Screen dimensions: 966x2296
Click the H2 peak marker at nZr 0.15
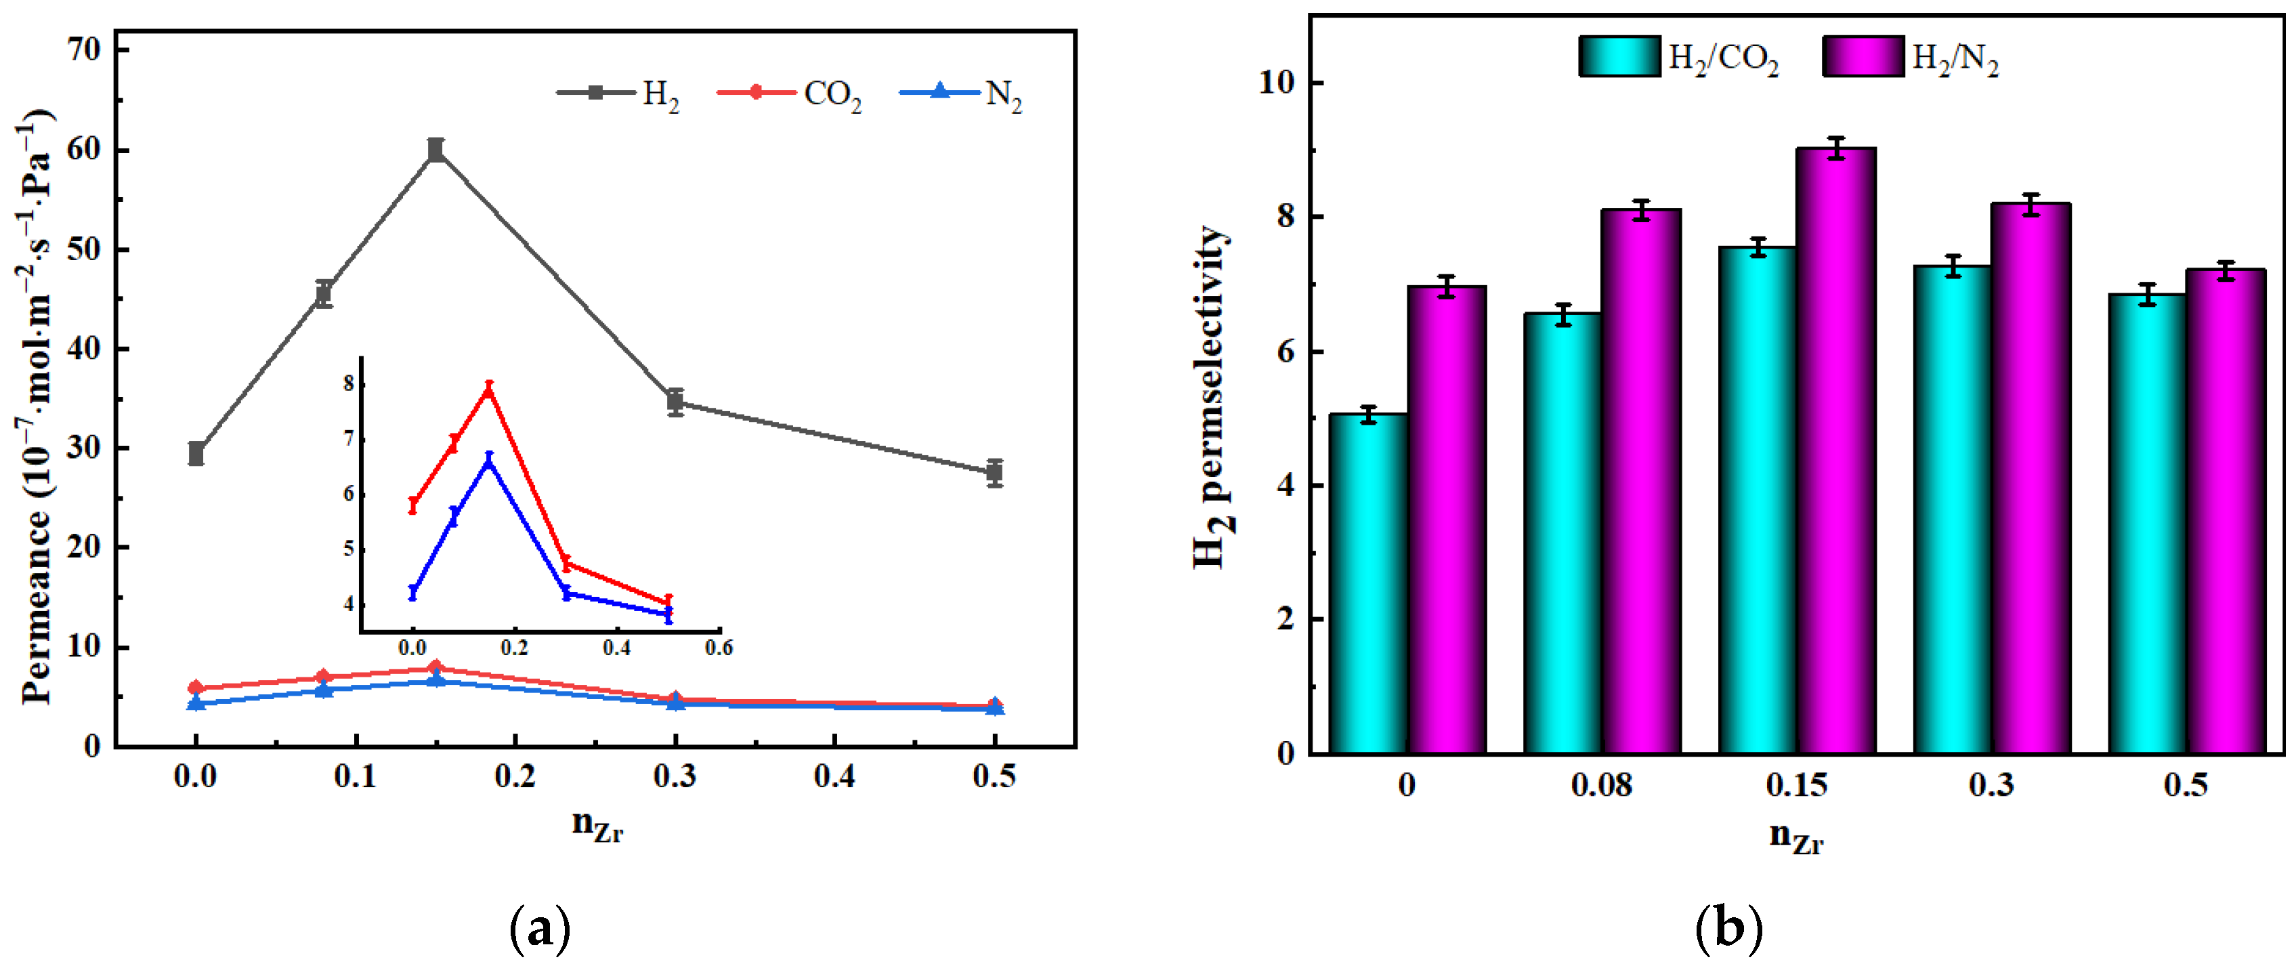pos(435,150)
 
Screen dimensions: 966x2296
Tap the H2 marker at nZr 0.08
pos(324,293)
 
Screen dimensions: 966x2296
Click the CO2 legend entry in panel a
pos(790,93)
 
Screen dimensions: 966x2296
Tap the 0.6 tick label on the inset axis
pos(719,648)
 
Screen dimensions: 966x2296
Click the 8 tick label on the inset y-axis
pos(349,385)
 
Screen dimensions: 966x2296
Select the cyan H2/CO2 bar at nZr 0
pos(1368,584)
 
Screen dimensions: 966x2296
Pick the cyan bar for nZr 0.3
pos(1952,509)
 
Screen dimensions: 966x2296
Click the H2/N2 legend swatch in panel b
pos(1863,57)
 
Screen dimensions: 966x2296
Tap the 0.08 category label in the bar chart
pos(1601,785)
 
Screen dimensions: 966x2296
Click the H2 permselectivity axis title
pos(1212,396)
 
